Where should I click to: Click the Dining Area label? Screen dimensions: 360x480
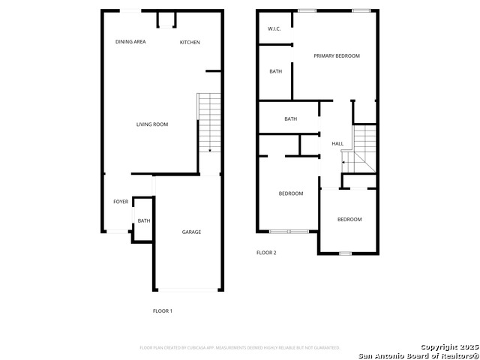130,42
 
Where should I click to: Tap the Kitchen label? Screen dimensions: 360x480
190,42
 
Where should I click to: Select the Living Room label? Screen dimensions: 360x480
152,124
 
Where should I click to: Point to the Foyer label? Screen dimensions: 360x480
121,202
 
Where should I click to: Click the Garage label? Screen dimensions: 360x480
191,232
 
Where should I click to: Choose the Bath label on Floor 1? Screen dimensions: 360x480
143,220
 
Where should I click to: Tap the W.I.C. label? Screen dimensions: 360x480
274,29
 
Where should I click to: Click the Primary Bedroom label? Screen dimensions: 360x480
337,56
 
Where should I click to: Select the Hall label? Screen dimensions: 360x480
337,144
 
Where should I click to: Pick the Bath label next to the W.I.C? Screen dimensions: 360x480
275,72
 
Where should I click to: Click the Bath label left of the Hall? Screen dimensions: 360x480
291,119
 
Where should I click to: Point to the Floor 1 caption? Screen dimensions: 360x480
163,310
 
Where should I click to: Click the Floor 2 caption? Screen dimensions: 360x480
266,253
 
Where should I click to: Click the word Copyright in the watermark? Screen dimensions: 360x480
439,346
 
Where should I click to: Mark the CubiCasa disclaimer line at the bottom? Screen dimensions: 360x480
240,348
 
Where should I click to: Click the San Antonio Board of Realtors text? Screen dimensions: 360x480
417,355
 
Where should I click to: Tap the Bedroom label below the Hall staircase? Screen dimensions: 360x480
349,220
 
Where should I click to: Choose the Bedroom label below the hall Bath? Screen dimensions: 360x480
291,193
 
